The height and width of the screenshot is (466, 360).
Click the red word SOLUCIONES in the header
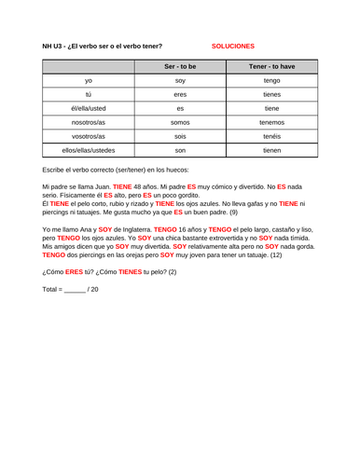pos(232,45)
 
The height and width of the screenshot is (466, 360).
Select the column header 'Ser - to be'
pos(180,68)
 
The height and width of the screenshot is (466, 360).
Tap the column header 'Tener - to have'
pos(271,68)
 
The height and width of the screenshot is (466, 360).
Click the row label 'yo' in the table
pos(88,81)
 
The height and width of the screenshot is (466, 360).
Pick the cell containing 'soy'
pos(180,81)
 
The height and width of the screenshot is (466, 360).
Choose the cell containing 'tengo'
pos(271,81)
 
